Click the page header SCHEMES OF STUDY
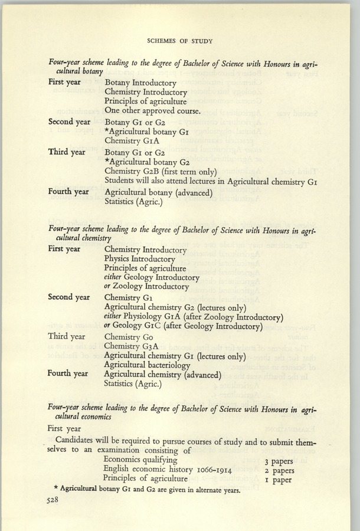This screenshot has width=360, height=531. click(x=180, y=41)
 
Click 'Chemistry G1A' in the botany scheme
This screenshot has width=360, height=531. click(x=130, y=141)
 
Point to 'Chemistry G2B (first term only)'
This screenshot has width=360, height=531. click(x=161, y=171)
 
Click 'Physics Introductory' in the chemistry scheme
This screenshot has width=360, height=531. click(x=139, y=258)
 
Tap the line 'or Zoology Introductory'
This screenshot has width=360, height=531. click(x=146, y=287)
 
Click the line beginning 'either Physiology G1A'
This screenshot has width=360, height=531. click(x=193, y=317)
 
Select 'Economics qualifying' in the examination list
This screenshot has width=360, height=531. click(x=140, y=460)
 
